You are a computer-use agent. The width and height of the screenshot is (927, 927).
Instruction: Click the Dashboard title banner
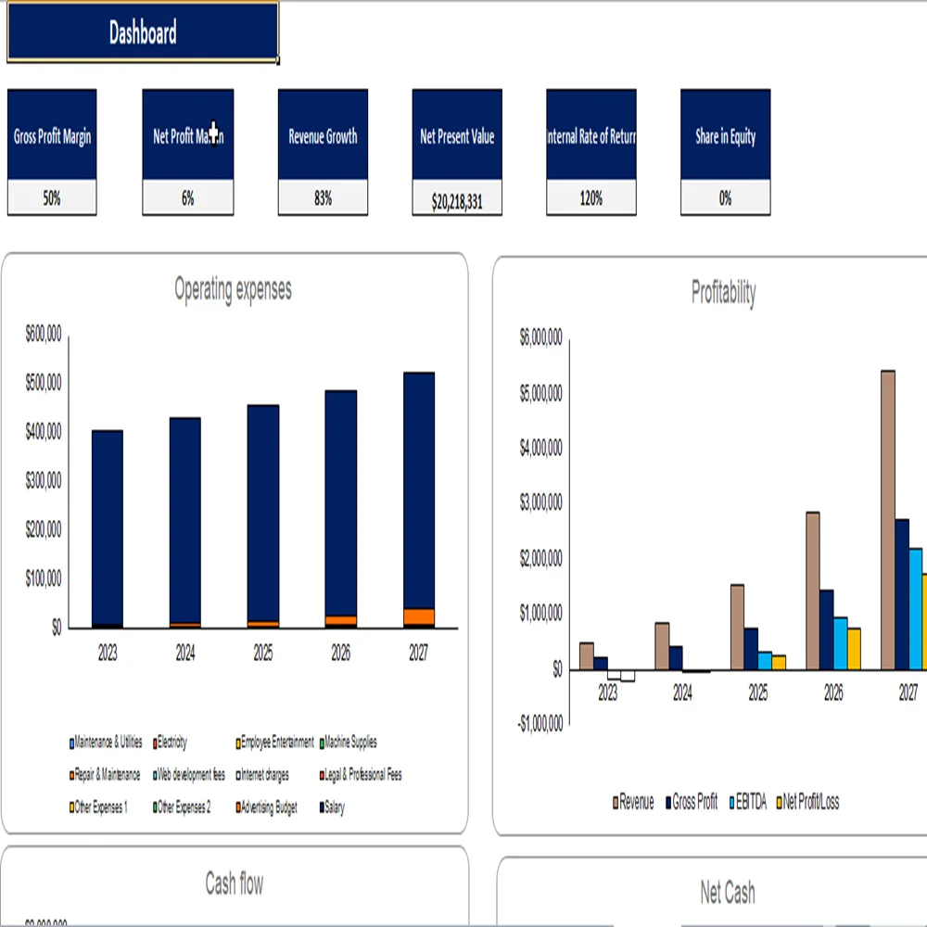(143, 34)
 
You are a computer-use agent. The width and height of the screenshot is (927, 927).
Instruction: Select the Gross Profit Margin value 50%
(52, 198)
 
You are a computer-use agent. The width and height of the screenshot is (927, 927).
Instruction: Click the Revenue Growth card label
(323, 137)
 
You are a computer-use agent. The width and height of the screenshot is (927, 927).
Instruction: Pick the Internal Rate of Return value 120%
(590, 198)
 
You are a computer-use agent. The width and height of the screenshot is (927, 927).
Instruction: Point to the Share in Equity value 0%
(725, 198)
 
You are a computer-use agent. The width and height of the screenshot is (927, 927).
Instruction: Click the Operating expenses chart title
(233, 289)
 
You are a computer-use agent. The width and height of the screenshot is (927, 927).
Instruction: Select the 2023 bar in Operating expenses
(108, 528)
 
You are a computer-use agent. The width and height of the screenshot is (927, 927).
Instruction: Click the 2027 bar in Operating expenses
(419, 491)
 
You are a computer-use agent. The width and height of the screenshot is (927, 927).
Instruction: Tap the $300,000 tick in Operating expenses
(44, 480)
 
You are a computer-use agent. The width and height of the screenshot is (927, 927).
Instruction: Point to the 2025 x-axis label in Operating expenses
(263, 654)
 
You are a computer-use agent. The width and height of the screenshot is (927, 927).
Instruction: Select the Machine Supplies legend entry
(349, 743)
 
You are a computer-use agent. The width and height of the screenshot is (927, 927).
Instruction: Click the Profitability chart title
(723, 293)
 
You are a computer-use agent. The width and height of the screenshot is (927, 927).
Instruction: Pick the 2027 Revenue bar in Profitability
(888, 519)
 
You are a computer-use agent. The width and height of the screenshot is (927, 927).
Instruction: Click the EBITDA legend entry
(750, 803)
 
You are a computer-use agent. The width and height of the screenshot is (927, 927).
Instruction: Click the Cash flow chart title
(234, 884)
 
